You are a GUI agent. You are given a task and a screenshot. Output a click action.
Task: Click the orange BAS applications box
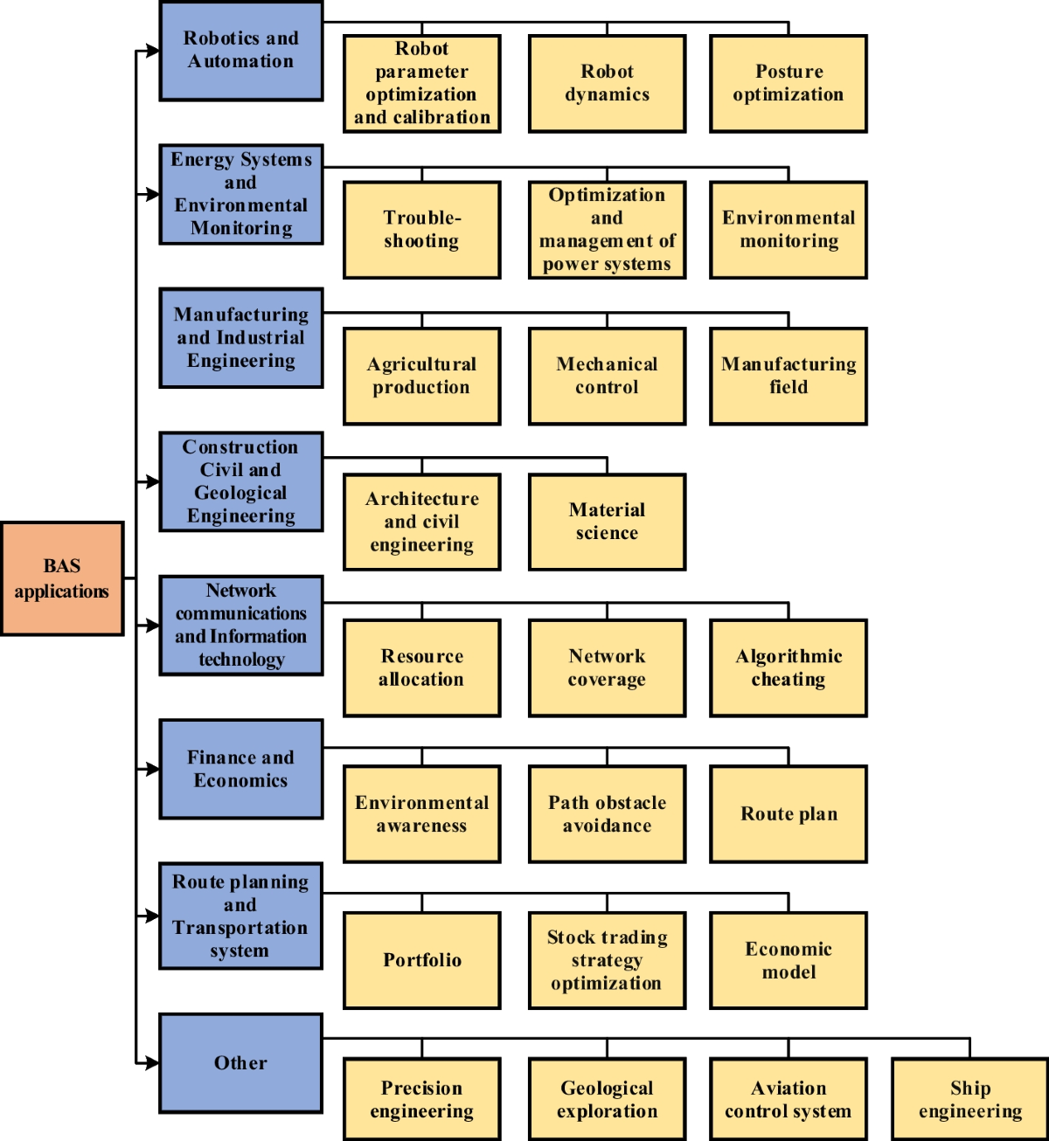point(62,578)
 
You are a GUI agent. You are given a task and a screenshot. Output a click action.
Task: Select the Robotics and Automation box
point(240,51)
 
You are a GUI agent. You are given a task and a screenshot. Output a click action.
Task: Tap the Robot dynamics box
point(607,84)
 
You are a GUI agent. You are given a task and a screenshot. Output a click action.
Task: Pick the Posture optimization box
point(788,84)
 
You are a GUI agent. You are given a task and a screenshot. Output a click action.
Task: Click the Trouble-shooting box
point(421,230)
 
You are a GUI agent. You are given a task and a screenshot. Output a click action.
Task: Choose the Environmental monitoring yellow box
point(788,230)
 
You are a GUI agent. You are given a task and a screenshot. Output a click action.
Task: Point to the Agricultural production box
point(421,377)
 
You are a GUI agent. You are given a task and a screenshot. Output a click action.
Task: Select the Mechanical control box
point(607,377)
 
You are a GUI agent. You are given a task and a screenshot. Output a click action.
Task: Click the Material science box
point(607,522)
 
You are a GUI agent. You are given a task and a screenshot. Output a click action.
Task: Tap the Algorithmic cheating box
point(788,668)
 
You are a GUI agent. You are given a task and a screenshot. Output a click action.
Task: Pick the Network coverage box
point(607,668)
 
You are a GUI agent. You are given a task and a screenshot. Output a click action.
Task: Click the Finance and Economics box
point(240,769)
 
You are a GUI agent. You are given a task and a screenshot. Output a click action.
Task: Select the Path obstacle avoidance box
point(607,814)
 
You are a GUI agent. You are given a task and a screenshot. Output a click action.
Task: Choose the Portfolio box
point(421,960)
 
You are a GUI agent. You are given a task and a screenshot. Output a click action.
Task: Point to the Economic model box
point(788,960)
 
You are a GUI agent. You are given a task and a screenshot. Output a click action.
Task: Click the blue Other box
point(240,1063)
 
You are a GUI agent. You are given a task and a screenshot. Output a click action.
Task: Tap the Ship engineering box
point(969,1099)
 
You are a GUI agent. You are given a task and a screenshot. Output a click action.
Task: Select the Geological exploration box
point(607,1099)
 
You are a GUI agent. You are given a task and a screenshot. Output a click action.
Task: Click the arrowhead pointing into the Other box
point(152,1063)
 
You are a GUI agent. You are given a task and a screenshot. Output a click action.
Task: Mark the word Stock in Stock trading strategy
point(571,937)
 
